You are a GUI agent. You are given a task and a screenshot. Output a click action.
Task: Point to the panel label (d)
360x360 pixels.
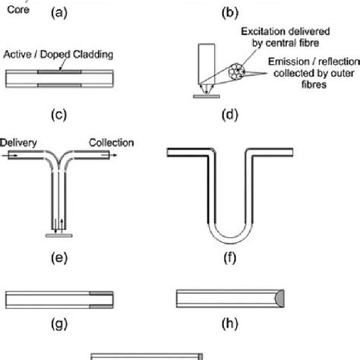[x=225, y=116]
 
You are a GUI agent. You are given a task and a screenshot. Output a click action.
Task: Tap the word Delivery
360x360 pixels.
[x=18, y=142]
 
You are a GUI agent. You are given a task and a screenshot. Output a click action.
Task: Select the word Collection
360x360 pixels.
[x=111, y=142]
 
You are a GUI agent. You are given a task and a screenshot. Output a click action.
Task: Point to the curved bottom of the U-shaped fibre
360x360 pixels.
[x=226, y=232]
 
